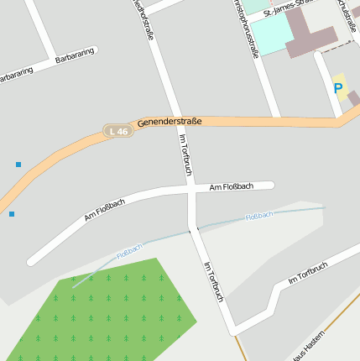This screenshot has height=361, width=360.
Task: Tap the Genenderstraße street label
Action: [170, 122]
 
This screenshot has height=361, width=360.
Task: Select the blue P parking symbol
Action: [338, 87]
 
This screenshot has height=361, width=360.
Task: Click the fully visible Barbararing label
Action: [74, 58]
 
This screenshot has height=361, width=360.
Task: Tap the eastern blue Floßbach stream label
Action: [259, 216]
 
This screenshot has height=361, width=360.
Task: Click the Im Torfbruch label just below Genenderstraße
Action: [186, 154]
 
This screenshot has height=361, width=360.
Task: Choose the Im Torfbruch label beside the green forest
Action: [213, 282]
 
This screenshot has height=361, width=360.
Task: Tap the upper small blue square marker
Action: [18, 164]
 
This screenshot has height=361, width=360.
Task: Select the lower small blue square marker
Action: [12, 214]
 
